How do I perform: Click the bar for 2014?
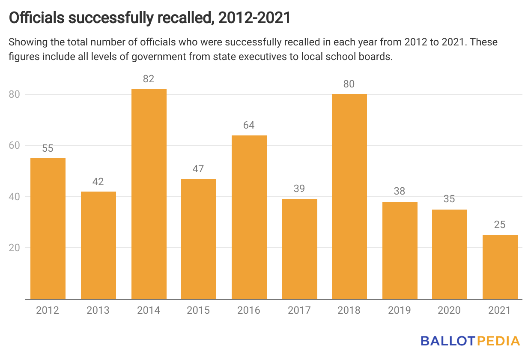[149, 194]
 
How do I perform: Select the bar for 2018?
[349, 196]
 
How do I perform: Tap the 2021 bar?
[500, 267]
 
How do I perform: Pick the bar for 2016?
[249, 217]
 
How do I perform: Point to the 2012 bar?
[48, 228]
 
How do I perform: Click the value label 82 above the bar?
[149, 79]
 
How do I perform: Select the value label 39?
[299, 189]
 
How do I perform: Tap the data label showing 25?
[500, 225]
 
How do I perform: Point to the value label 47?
[198, 168]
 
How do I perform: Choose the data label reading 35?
[449, 199]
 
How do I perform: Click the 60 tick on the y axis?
[14, 145]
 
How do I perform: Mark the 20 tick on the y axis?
[14, 248]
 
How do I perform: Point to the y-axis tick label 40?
[14, 197]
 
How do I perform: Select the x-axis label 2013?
[98, 310]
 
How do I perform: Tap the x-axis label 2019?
[400, 310]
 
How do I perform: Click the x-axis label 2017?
[299, 310]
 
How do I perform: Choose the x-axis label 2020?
[449, 310]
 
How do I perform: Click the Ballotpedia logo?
[470, 341]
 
